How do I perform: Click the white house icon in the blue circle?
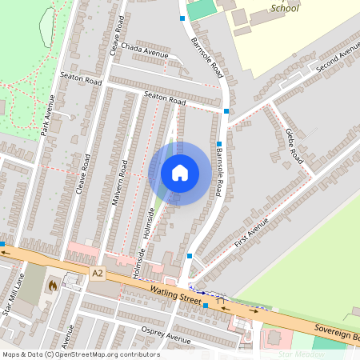[179, 173]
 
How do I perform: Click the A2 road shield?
[98, 274]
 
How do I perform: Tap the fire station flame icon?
[54, 285]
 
